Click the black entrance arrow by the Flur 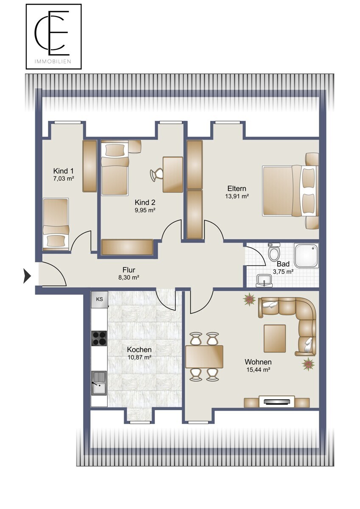(27, 276)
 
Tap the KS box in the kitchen (99, 299)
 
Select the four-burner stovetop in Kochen (99, 338)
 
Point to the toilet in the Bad (274, 252)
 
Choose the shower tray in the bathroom (306, 255)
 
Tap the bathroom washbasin (264, 281)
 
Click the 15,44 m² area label (258, 370)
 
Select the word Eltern (237, 188)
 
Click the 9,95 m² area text (145, 210)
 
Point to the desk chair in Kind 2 (157, 174)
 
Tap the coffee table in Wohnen (275, 338)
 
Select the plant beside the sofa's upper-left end (249, 300)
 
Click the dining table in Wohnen (204, 357)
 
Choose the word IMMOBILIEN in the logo (53, 62)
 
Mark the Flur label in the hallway (129, 270)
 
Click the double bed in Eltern (290, 190)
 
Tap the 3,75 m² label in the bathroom (283, 271)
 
